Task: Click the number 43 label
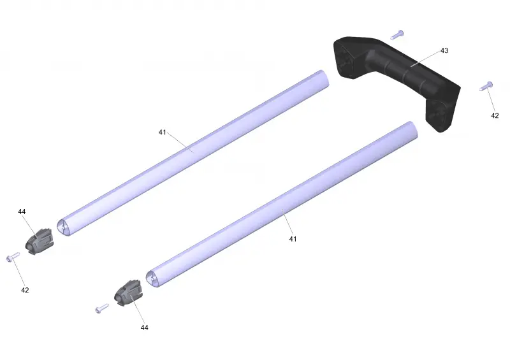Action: [x=444, y=50]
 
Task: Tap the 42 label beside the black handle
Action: [x=495, y=115]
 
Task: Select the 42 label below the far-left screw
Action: [x=25, y=290]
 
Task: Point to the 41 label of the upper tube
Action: [x=163, y=132]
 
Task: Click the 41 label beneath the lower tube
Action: [x=293, y=239]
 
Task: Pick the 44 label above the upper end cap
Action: [x=22, y=212]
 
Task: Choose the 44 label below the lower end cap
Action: [x=145, y=328]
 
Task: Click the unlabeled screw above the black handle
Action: [x=397, y=34]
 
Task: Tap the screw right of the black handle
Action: [x=486, y=86]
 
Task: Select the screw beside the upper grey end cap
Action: [x=13, y=257]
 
